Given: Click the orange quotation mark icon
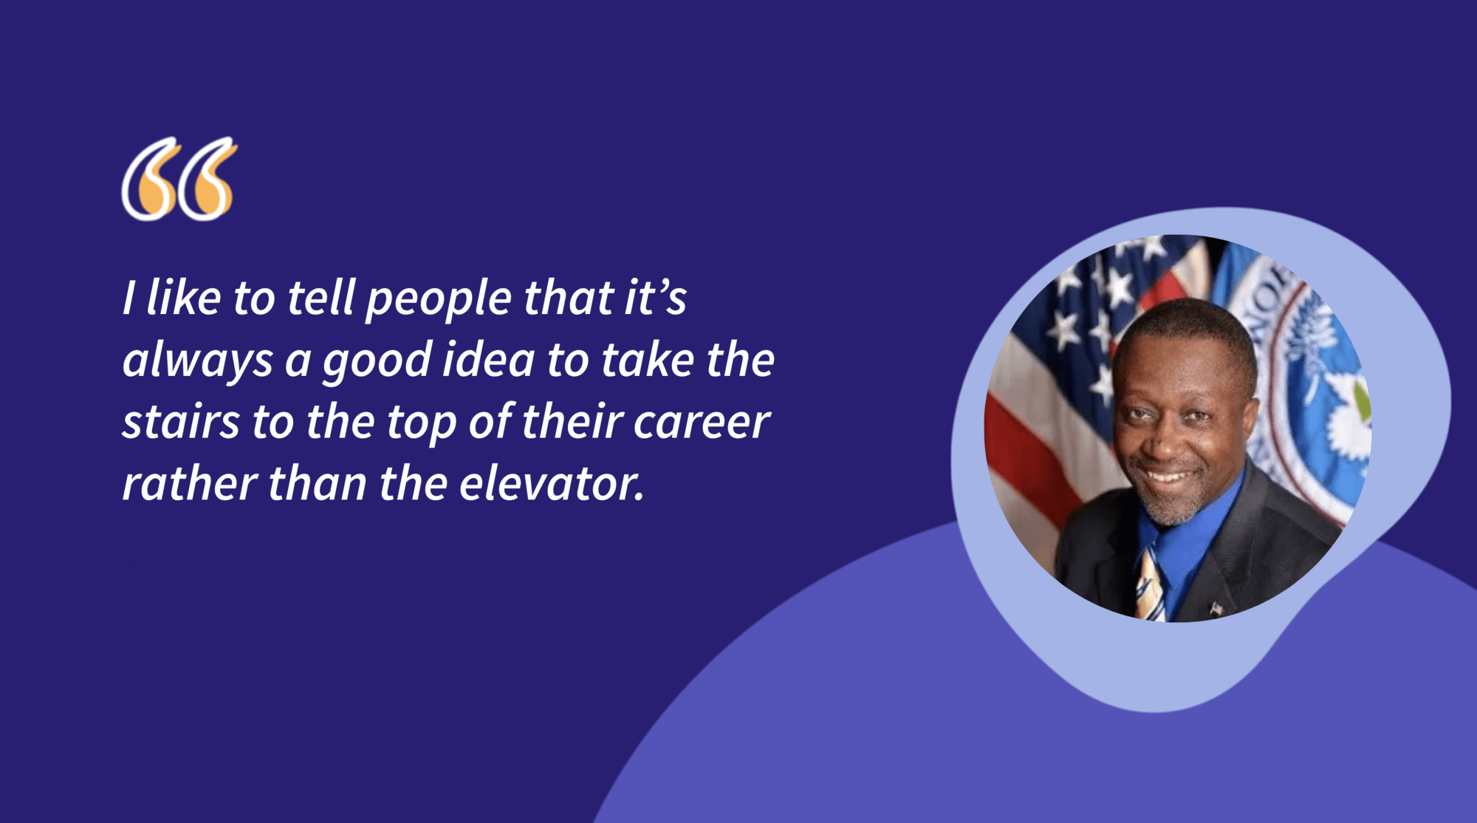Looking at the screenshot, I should [x=179, y=180].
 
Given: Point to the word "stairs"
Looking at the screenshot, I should [x=181, y=423].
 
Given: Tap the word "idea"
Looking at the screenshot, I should [x=488, y=361].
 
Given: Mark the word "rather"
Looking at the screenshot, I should [x=188, y=485].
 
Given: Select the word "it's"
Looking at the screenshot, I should [x=656, y=298].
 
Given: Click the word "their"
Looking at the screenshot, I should [x=571, y=423].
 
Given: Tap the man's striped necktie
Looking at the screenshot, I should [x=1151, y=584].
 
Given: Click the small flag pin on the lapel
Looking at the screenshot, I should [x=1216, y=609].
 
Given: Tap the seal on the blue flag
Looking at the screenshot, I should [x=1322, y=384].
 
